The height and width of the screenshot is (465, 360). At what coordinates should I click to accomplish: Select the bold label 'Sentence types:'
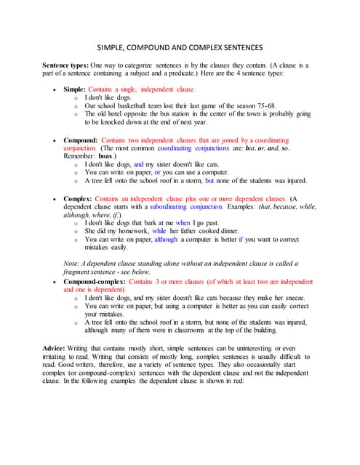68,65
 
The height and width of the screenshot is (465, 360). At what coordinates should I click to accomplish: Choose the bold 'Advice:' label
58,349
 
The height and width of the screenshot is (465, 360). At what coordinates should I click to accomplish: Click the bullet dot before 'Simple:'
56,89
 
